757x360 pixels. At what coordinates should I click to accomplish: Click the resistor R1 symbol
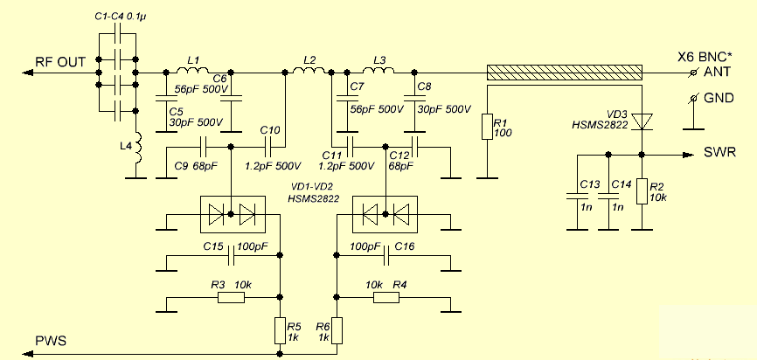click(x=488, y=128)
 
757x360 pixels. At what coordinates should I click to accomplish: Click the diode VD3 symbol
click(x=643, y=121)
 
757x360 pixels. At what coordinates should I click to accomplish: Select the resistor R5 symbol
click(x=280, y=330)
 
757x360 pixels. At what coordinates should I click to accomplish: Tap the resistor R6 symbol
click(x=338, y=330)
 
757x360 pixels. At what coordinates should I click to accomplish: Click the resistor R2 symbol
click(x=643, y=191)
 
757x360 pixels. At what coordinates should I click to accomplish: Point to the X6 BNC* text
click(x=704, y=55)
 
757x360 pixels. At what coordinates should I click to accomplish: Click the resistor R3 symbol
click(x=232, y=298)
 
